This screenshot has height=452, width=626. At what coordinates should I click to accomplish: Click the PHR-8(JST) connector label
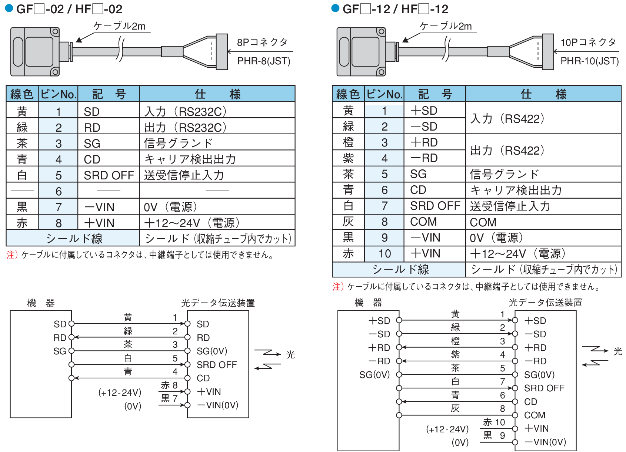tap(263, 61)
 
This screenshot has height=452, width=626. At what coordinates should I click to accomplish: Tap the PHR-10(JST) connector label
tap(590, 61)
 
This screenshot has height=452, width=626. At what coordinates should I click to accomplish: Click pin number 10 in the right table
tap(384, 254)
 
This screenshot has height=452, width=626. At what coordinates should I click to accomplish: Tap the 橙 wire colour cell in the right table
tap(348, 142)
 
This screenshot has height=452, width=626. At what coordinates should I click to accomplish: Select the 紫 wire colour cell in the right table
tap(348, 158)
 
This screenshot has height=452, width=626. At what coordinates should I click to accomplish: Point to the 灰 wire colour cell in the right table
tap(348, 222)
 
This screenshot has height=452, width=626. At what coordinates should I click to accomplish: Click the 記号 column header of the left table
tap(109, 94)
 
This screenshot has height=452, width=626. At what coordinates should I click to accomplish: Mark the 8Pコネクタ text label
tap(262, 43)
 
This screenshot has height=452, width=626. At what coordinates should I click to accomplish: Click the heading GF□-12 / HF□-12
tap(395, 9)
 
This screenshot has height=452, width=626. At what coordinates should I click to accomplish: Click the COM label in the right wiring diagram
tap(535, 415)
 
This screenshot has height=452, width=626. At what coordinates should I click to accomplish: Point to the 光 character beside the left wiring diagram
tap(290, 355)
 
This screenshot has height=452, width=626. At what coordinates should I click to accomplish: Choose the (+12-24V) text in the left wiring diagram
tap(120, 392)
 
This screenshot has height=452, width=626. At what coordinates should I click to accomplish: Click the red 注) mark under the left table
tap(12, 255)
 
